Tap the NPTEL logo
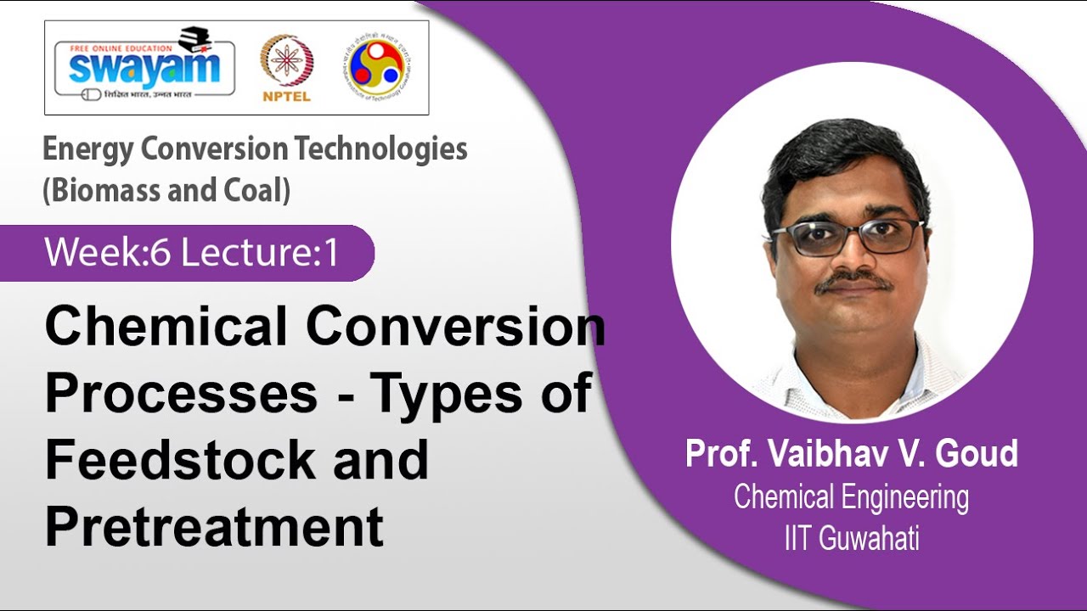tap(286, 68)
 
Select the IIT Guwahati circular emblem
tap(377, 66)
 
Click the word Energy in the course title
tap(88, 149)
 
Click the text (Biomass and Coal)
tap(166, 190)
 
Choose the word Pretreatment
tap(214, 525)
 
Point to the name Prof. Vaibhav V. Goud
tap(851, 454)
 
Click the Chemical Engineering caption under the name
tap(851, 497)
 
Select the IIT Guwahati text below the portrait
tap(851, 539)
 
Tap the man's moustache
tap(853, 281)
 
